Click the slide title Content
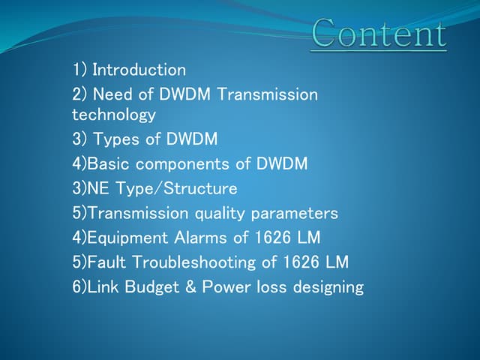click(379, 34)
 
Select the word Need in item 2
click(112, 94)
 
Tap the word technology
click(114, 115)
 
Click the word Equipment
click(125, 238)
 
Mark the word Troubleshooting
click(198, 262)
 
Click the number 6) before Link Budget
click(79, 287)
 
